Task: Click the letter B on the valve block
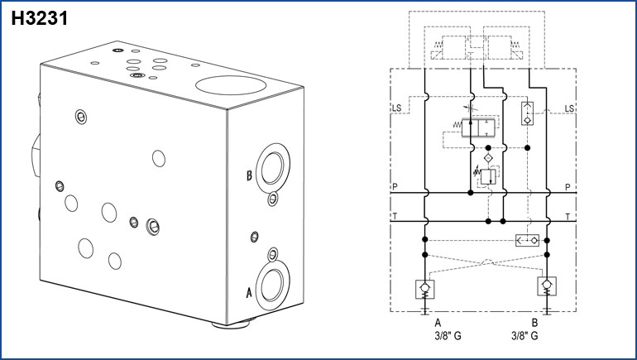pos(248,175)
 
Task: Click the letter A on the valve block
pos(249,290)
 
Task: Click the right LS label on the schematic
pos(569,108)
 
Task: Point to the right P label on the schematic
pos(568,187)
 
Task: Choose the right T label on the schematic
pos(568,217)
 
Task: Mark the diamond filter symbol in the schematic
pos(488,156)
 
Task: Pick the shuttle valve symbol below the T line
pos(526,240)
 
